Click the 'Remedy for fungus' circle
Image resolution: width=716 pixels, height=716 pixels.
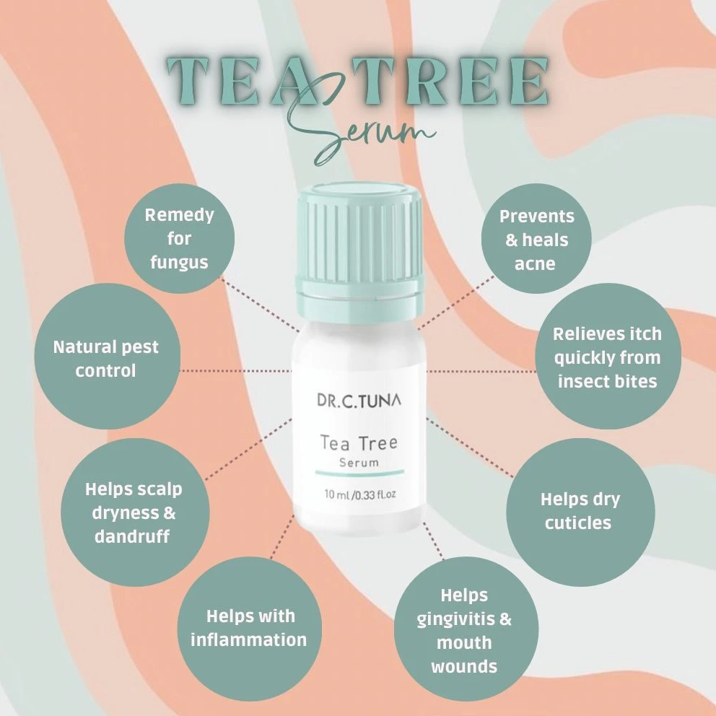pos(179,238)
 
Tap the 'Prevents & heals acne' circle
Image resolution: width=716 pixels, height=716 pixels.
pos(536,240)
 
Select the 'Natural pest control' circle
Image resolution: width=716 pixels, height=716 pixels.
pos(105,359)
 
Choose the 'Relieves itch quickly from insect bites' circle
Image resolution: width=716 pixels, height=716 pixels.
pos(606,358)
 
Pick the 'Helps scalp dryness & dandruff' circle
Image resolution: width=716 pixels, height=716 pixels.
pos(134,513)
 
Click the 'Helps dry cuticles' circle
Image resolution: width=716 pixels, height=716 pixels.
pos(580,511)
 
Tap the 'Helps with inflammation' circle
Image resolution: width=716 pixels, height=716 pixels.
pos(249,627)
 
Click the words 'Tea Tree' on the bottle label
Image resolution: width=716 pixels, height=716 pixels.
pos(359,442)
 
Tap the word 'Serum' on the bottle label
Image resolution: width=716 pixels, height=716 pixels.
pos(359,463)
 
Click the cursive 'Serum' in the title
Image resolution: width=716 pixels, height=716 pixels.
pos(375,131)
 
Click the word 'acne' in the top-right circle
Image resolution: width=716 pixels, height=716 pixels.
pos(535,263)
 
